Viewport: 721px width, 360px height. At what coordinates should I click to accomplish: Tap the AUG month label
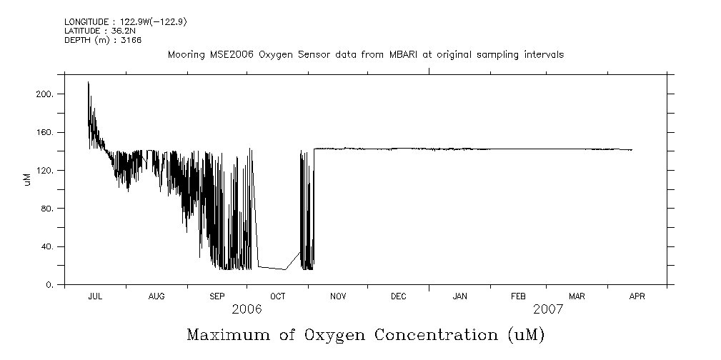[x=157, y=296]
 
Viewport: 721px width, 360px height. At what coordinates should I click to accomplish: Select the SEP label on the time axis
[x=217, y=296]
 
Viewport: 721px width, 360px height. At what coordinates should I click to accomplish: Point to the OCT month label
[x=278, y=296]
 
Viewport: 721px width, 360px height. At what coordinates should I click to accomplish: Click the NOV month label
[x=338, y=296]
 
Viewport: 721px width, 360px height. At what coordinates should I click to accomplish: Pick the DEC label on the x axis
[x=399, y=296]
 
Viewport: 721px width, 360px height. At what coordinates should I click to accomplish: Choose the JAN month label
[x=460, y=296]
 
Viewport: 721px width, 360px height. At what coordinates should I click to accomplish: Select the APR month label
[x=637, y=296]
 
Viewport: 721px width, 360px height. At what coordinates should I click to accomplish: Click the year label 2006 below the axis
[x=247, y=309]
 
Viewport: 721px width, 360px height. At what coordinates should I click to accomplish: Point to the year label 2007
[x=547, y=309]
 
